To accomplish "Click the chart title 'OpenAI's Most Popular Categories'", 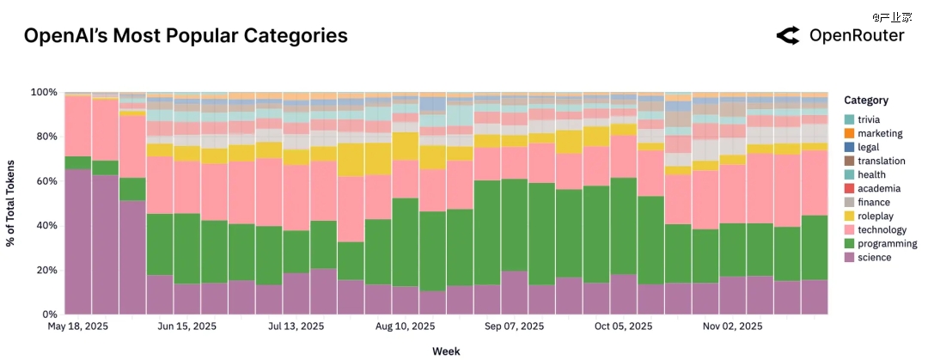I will tap(186, 36).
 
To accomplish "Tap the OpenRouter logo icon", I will tap(788, 35).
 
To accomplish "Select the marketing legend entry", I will tap(874, 133).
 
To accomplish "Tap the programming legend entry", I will tap(874, 243).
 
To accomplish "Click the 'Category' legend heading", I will tap(866, 101).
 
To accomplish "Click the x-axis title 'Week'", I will tap(446, 351).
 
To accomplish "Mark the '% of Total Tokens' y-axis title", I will tap(11, 203).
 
